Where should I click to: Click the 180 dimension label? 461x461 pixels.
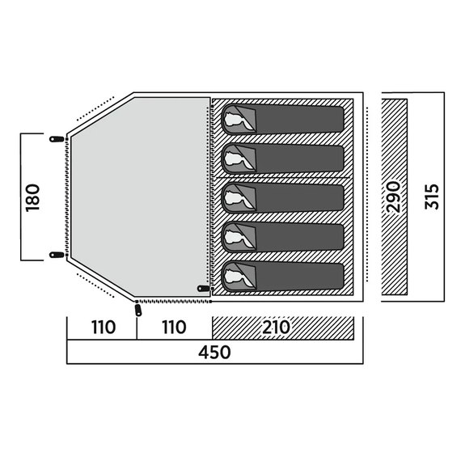(x=32, y=197)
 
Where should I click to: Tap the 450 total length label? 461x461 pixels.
(x=214, y=352)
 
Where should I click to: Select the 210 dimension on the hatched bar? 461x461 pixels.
(x=276, y=327)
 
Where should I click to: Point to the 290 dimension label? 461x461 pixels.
(x=394, y=197)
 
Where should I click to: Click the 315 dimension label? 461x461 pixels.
(x=432, y=197)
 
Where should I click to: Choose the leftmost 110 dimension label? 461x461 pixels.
(x=104, y=327)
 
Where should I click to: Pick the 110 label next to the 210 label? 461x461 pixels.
(x=175, y=327)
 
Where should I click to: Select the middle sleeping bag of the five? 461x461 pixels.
(x=282, y=198)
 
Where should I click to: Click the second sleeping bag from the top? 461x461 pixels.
(x=282, y=159)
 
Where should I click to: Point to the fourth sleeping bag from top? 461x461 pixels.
(x=282, y=238)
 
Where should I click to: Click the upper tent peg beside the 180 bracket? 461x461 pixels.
(x=57, y=139)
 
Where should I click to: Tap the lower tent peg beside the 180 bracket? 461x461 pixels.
(x=57, y=255)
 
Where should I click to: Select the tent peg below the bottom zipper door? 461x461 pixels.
(x=138, y=311)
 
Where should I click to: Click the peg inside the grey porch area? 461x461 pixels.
(x=204, y=288)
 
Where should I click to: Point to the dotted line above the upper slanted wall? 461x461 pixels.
(x=95, y=108)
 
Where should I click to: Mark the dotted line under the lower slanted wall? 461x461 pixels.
(x=95, y=285)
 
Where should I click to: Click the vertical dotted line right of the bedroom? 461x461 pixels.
(x=367, y=195)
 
